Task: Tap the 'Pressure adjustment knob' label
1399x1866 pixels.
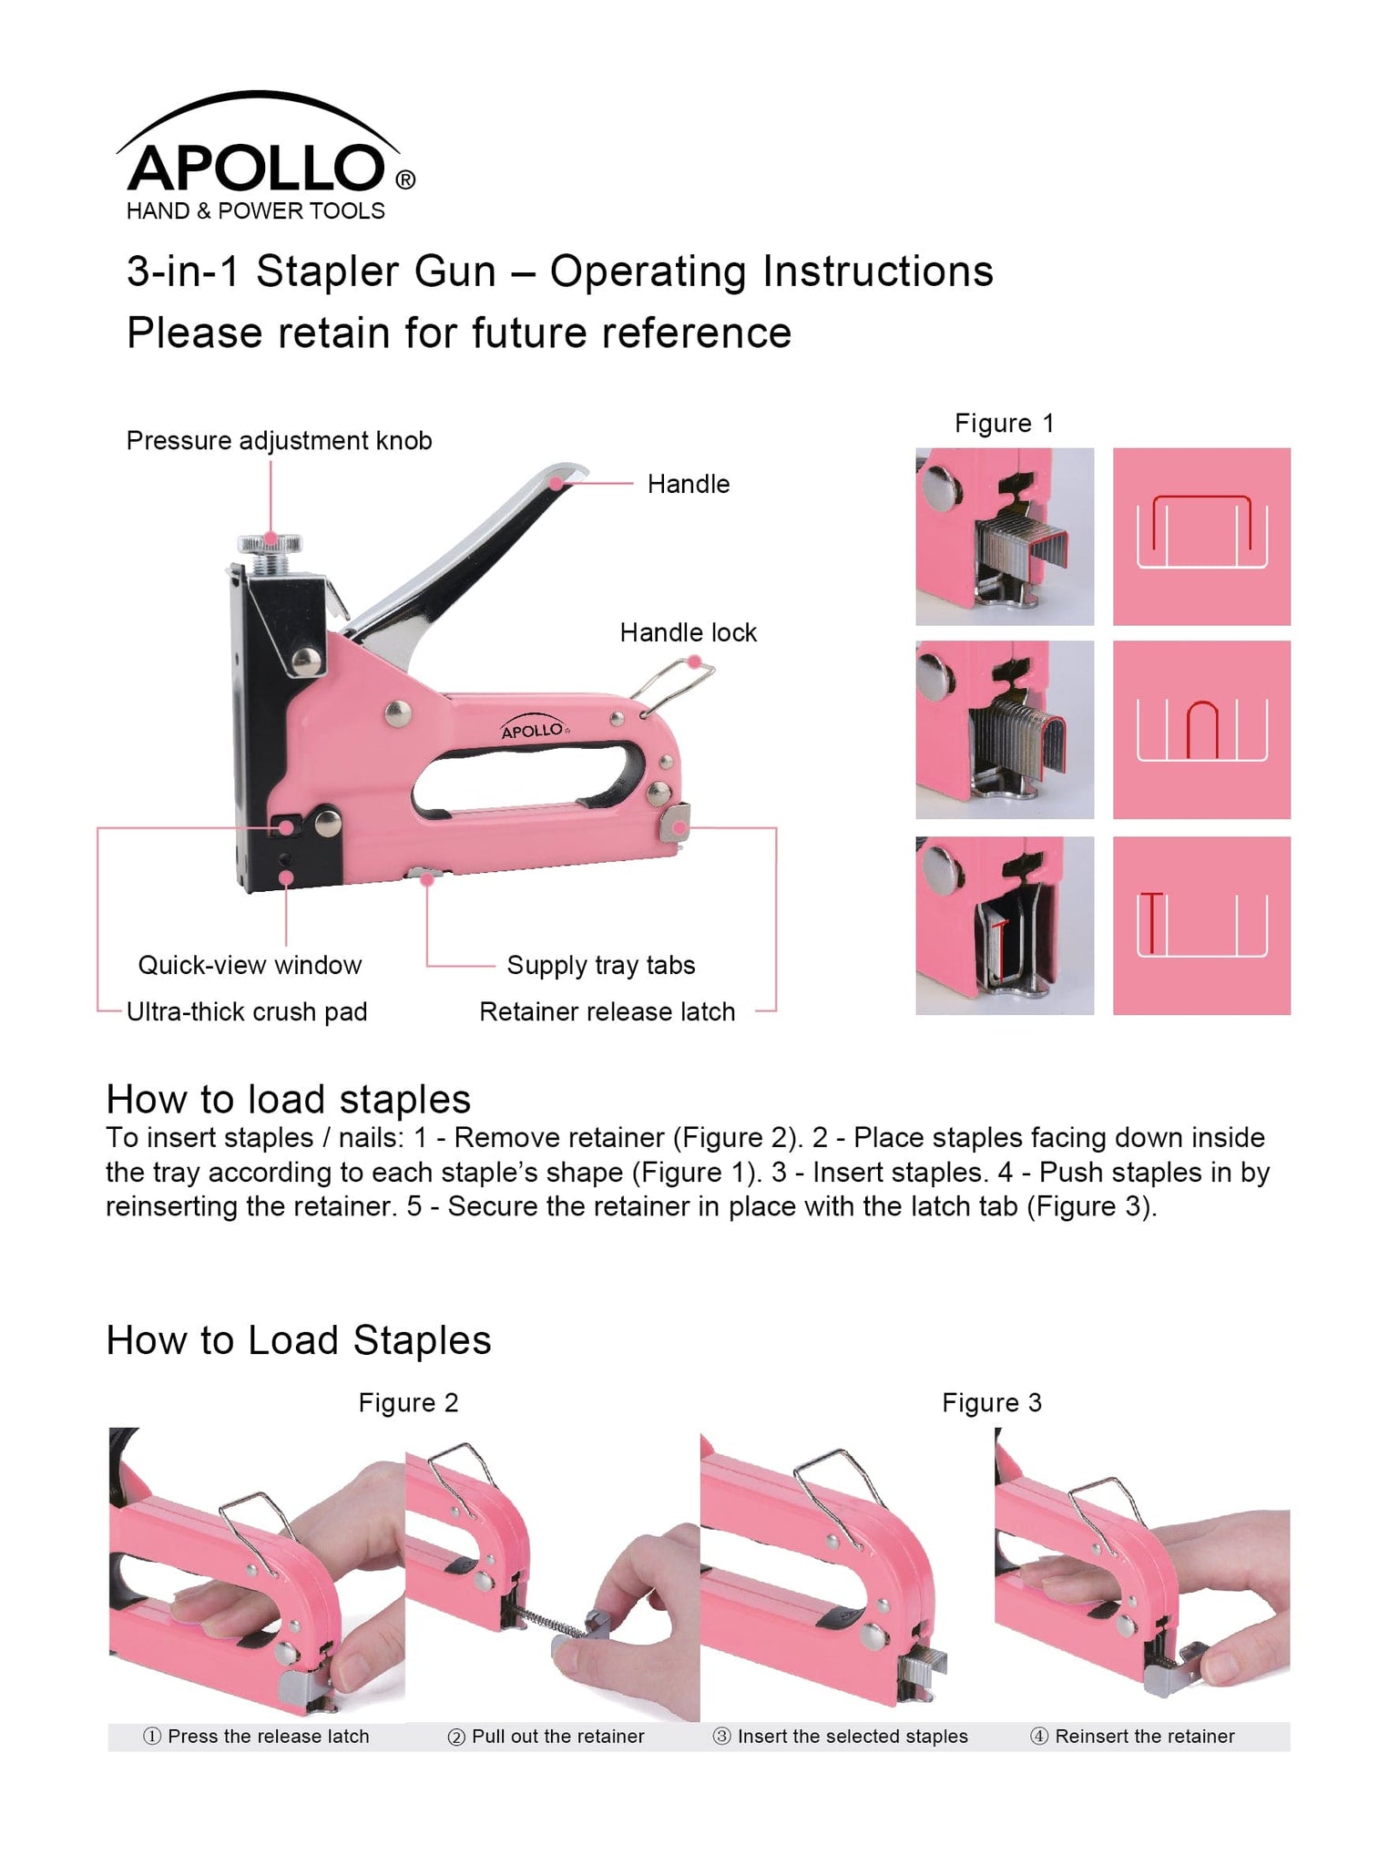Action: click(279, 441)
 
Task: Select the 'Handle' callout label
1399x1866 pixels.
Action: click(688, 484)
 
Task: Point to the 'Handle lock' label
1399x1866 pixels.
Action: click(688, 632)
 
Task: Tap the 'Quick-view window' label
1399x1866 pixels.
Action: click(250, 965)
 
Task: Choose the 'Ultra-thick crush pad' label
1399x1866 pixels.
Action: click(246, 1011)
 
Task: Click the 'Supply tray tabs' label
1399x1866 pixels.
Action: click(600, 965)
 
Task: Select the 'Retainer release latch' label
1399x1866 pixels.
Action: click(607, 1011)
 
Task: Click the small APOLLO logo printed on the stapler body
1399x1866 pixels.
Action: click(534, 729)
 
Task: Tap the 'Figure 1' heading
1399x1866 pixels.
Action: click(1004, 424)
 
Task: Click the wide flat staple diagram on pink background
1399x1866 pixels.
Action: click(1201, 536)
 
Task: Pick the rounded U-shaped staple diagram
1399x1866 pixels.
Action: click(1201, 729)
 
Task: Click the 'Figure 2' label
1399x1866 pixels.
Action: click(408, 1402)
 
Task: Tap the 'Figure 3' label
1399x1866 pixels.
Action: click(991, 1402)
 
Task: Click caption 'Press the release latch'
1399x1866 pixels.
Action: click(257, 1736)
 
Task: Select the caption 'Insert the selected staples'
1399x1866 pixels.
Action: click(840, 1736)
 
